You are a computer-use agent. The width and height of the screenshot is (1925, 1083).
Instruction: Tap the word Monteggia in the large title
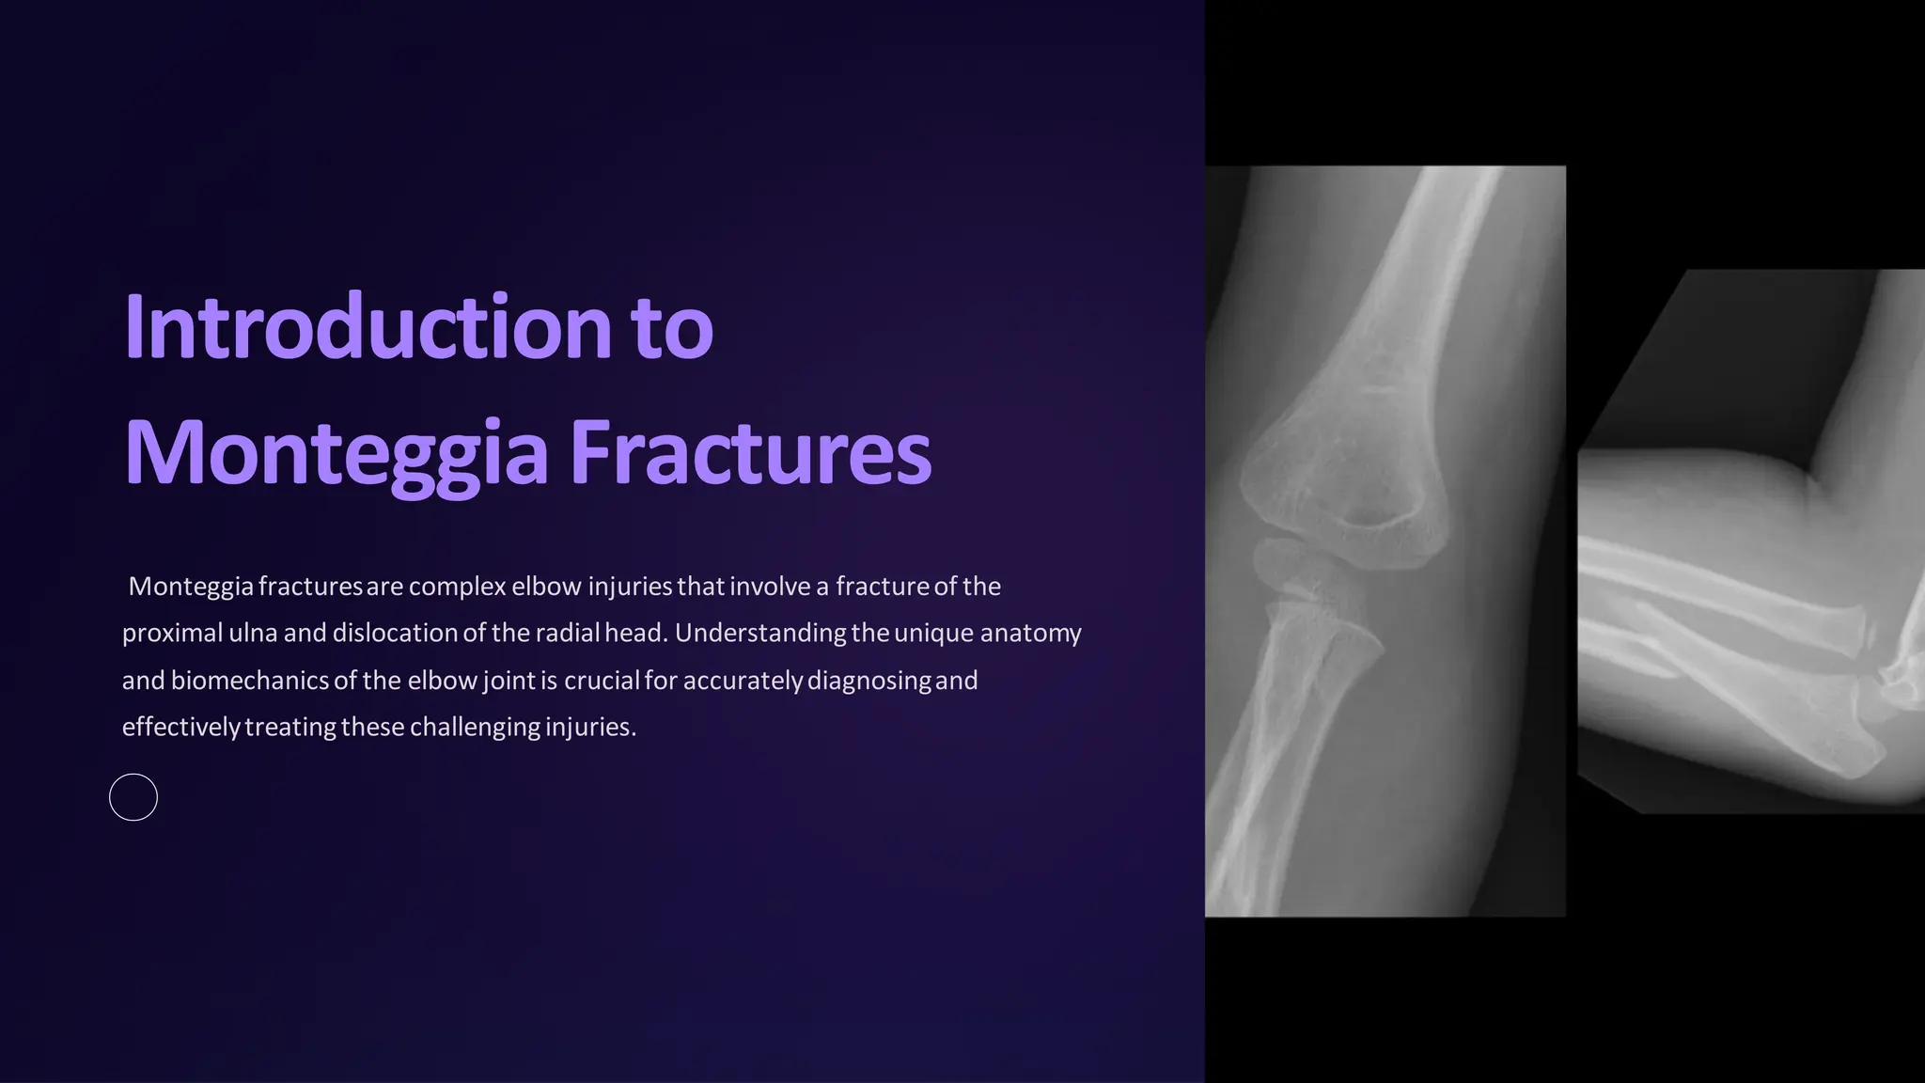click(x=336, y=453)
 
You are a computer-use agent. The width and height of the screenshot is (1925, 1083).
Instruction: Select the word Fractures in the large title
click(x=750, y=453)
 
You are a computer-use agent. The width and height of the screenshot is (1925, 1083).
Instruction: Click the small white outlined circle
click(x=133, y=797)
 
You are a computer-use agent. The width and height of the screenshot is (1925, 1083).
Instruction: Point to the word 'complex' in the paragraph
click(x=458, y=587)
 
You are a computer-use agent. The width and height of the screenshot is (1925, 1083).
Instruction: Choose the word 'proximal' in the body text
click(x=172, y=633)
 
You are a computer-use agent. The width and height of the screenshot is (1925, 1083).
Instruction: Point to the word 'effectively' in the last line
click(x=181, y=727)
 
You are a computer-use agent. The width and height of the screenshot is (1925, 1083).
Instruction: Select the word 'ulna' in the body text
click(x=253, y=633)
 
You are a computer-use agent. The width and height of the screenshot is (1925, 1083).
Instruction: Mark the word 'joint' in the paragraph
click(x=509, y=680)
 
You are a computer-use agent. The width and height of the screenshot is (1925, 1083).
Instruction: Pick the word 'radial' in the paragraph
click(x=567, y=633)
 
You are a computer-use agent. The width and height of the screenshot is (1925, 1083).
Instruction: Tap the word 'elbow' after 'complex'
click(x=547, y=587)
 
